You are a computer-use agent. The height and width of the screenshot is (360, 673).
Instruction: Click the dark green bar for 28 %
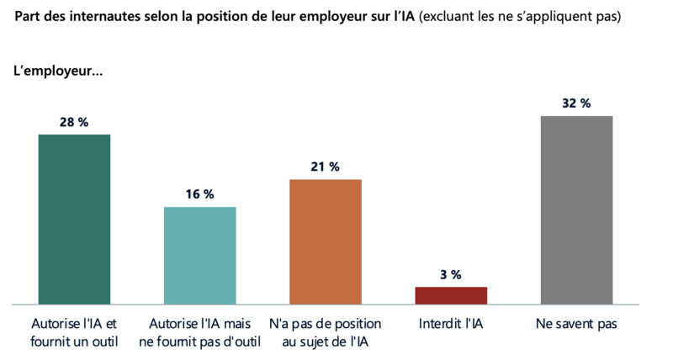(75, 219)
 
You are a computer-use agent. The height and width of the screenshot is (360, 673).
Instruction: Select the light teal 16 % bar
(199, 255)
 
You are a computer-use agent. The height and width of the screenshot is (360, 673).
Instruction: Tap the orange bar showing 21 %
(325, 241)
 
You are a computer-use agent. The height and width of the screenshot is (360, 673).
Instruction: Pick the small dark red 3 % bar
(450, 294)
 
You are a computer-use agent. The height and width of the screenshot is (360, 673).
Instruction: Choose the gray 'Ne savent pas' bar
(576, 209)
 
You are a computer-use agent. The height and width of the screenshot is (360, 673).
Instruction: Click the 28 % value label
(74, 122)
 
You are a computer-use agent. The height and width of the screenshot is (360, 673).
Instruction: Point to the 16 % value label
(199, 194)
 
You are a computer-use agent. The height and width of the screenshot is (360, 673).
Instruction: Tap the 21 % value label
(325, 167)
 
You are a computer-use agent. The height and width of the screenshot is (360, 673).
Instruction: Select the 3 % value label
(450, 274)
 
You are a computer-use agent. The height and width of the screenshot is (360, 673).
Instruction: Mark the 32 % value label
(576, 103)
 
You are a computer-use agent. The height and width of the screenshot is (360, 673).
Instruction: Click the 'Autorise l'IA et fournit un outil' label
(75, 332)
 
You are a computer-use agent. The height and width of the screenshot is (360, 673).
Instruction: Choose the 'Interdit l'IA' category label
(450, 324)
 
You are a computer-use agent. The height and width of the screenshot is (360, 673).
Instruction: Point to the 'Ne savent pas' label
(576, 324)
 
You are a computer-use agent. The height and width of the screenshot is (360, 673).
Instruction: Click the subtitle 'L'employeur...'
(58, 71)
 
